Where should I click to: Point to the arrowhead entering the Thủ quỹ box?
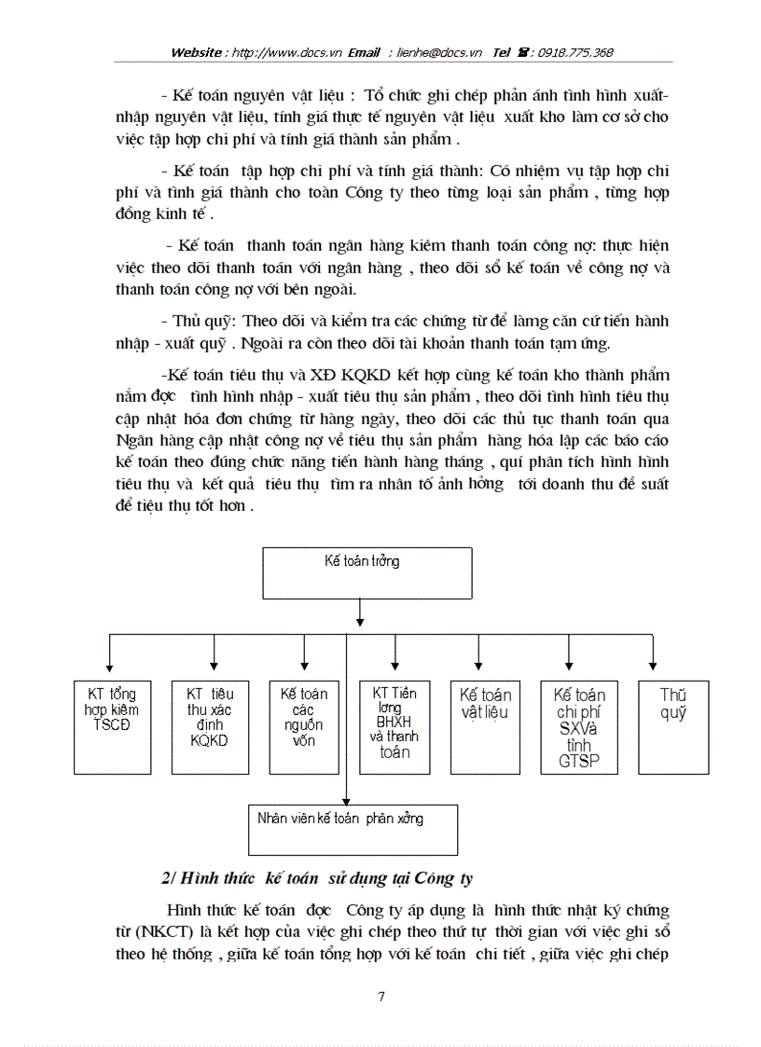coord(651,664)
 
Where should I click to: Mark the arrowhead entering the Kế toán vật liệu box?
coord(478,664)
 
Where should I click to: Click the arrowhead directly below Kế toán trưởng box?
coord(360,618)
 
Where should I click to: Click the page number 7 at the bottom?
coord(380,997)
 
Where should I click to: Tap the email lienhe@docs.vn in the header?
coord(440,52)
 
